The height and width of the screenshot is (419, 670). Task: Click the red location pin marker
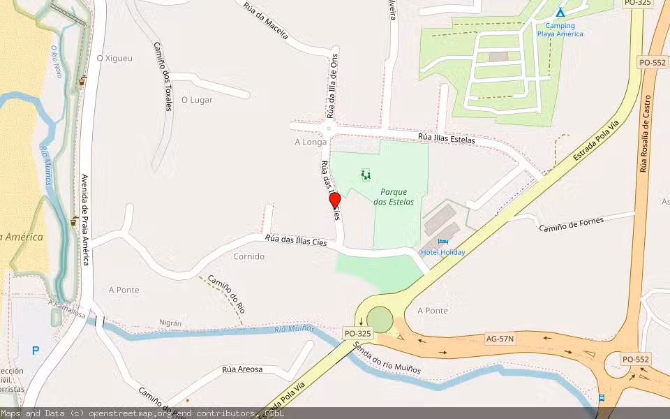(x=335, y=201)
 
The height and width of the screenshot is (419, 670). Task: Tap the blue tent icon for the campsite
(x=560, y=12)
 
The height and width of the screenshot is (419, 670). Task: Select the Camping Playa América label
(x=560, y=30)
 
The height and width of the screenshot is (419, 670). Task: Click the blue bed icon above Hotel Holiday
(x=442, y=242)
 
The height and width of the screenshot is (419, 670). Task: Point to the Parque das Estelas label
(x=393, y=196)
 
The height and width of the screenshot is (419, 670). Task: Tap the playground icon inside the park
(x=365, y=174)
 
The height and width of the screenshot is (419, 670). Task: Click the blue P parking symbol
(x=35, y=351)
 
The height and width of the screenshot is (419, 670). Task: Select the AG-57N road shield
(x=500, y=339)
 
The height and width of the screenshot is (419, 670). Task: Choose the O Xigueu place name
(x=114, y=59)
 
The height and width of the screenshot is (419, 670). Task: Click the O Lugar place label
(x=197, y=100)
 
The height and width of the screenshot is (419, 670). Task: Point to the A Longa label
(x=311, y=142)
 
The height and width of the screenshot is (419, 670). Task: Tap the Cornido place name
(x=249, y=256)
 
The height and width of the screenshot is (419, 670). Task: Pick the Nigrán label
(x=170, y=323)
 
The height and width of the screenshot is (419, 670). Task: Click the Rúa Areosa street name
(x=242, y=369)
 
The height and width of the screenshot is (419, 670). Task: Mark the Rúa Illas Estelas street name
(x=447, y=138)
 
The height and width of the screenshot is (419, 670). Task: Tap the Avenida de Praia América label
(x=86, y=219)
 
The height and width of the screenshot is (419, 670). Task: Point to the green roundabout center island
(x=380, y=320)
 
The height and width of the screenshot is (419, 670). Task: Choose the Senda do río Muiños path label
(x=387, y=358)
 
